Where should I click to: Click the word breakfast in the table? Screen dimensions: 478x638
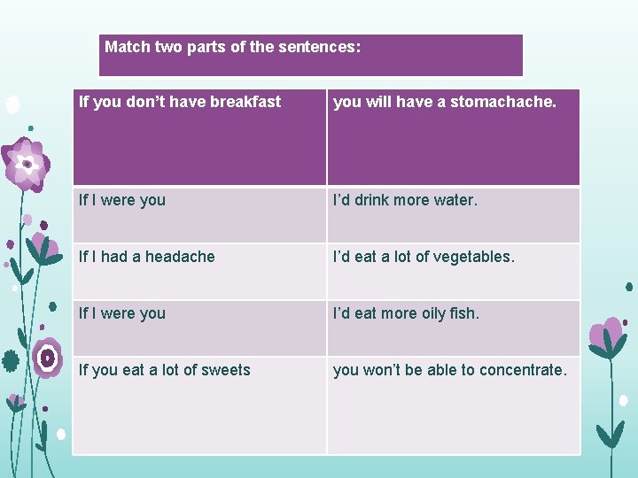245,102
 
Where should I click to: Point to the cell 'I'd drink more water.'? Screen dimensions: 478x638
453,214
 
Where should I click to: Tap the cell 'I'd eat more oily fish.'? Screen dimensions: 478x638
453,328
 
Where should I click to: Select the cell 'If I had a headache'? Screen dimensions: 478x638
199,271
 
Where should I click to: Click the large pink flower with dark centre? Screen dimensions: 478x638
27,165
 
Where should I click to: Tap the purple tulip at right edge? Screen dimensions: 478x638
610,335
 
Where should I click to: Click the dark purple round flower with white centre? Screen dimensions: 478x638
47,357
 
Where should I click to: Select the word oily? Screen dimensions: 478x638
428,313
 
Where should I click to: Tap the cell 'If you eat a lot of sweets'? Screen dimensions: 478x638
199,405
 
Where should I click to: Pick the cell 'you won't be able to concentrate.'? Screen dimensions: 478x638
453,405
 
